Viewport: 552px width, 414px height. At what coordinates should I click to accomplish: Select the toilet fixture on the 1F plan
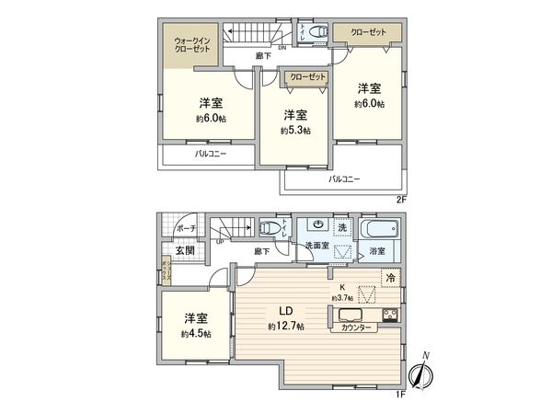[x=269, y=228]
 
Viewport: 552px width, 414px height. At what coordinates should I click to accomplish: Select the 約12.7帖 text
[x=286, y=327]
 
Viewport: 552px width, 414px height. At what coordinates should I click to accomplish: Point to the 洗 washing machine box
[x=339, y=227]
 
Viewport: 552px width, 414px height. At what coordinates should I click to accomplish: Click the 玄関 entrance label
[x=184, y=250]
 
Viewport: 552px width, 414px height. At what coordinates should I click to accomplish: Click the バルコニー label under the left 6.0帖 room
[x=211, y=155]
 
